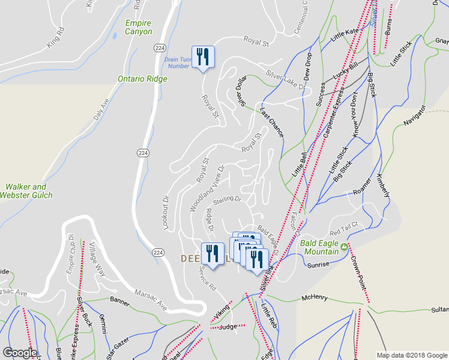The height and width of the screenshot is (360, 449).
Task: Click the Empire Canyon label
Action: (x=138, y=27)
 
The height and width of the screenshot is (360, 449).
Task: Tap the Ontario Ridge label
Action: (x=142, y=79)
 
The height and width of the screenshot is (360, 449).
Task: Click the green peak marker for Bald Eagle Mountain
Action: (x=344, y=247)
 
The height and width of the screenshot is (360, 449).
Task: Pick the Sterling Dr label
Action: (x=227, y=199)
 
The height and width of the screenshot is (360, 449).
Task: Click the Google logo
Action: (x=20, y=353)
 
